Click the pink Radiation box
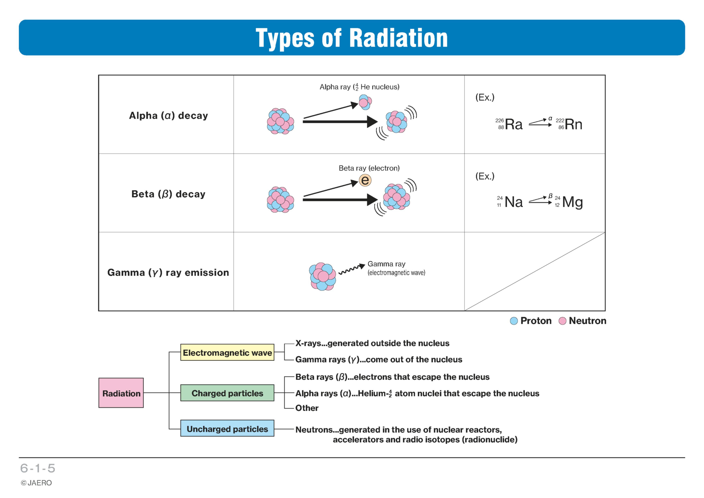121,393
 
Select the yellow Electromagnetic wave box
227,352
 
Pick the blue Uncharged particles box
227,428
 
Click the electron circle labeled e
365,180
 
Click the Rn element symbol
573,124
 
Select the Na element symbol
514,202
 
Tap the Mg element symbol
573,203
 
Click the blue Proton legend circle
514,321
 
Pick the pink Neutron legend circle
562,321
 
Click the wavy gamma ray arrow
351,269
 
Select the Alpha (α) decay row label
168,116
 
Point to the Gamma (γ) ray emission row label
168,273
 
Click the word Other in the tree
307,408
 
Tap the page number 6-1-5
38,468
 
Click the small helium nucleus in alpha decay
365,102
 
